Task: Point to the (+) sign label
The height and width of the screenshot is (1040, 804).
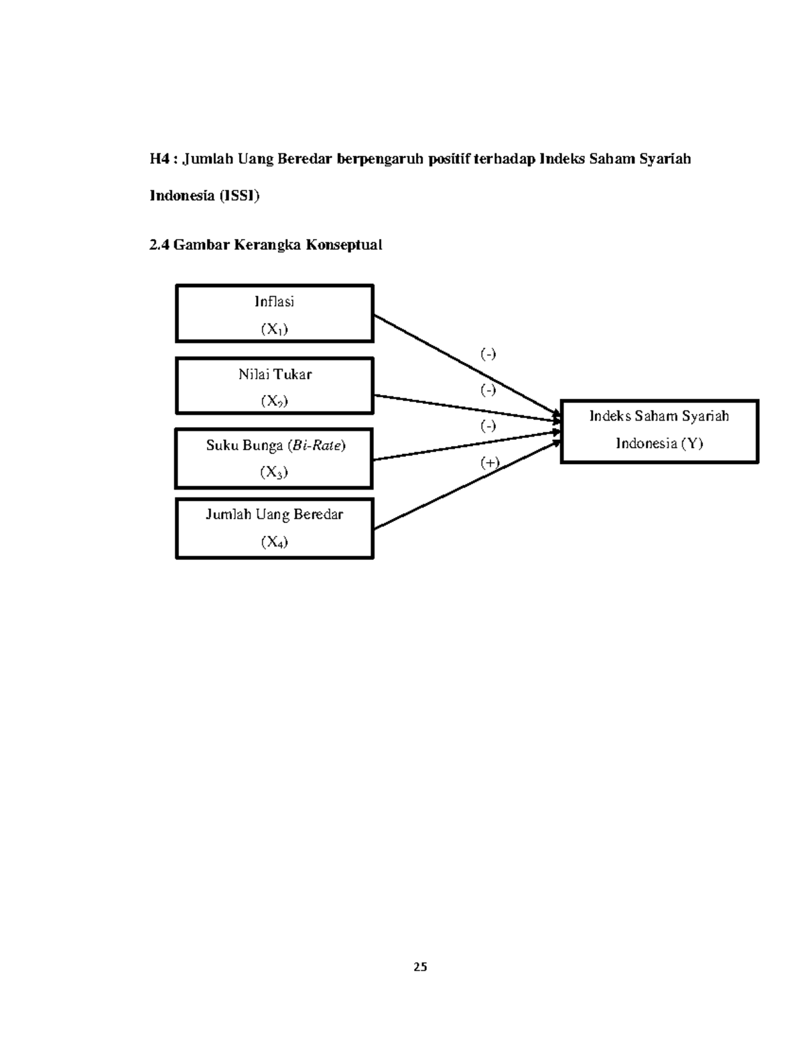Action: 490,462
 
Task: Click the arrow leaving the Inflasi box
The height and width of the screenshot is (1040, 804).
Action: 467,365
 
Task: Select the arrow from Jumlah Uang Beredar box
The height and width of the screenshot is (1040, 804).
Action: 467,485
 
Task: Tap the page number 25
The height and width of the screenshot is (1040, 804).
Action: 420,967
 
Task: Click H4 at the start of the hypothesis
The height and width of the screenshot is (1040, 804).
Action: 159,159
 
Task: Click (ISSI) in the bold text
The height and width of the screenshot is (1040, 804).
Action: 239,196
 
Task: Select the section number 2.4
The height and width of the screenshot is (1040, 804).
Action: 159,245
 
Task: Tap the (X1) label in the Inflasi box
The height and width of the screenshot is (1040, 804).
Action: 275,329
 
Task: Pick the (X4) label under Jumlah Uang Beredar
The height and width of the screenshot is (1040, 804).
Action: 275,542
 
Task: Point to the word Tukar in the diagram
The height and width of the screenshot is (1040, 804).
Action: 292,374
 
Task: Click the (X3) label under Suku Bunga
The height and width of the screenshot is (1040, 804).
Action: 274,472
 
